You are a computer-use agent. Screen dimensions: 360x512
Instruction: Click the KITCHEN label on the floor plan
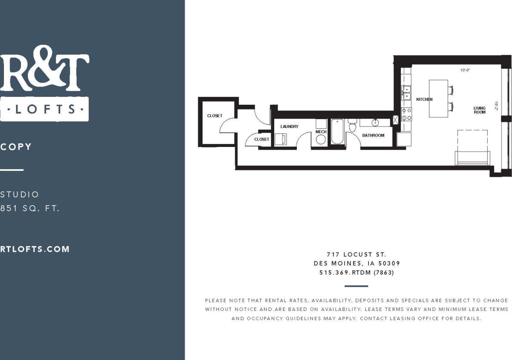click(424, 100)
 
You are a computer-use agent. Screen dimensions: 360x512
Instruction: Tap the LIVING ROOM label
click(479, 110)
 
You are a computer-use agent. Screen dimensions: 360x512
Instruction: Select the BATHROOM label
click(373, 135)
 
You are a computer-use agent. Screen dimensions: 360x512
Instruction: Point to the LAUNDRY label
click(289, 127)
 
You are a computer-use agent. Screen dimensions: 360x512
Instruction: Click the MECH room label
click(321, 132)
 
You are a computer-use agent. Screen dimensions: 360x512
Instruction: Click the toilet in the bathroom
click(352, 126)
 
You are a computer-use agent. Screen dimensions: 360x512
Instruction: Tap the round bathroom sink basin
click(375, 122)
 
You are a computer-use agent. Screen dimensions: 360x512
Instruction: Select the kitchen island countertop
click(438, 98)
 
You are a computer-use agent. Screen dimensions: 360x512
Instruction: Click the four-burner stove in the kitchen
click(406, 114)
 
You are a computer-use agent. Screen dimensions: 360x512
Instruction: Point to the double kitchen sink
click(406, 93)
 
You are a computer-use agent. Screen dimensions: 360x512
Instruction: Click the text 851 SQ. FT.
click(30, 208)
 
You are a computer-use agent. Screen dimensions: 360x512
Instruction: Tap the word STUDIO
click(20, 194)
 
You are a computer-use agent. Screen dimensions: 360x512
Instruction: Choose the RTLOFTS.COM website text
click(35, 249)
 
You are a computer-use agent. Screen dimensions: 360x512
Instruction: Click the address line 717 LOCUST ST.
click(356, 254)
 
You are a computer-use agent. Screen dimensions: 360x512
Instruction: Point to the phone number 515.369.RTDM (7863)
click(356, 273)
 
